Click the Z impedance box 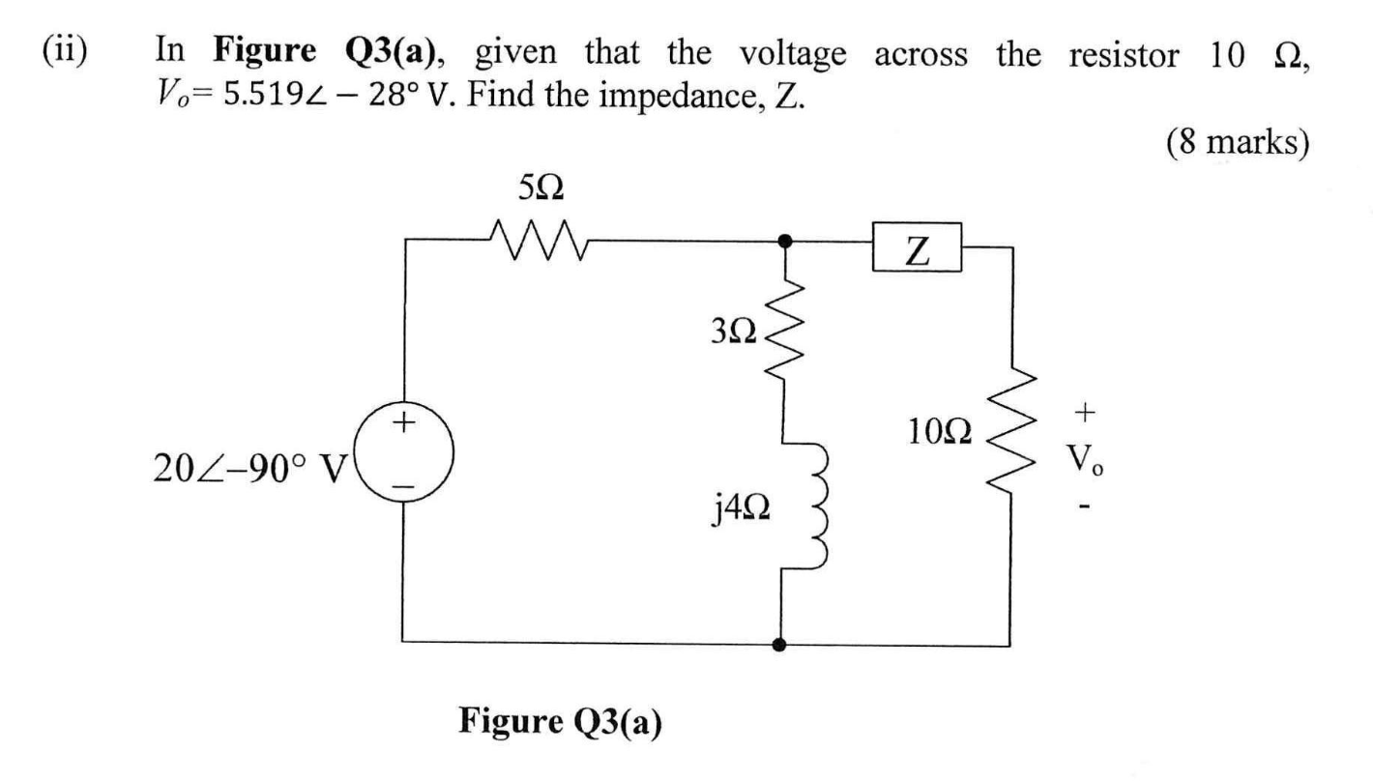point(916,248)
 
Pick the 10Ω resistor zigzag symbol point(1008,435)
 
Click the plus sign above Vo point(1086,413)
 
